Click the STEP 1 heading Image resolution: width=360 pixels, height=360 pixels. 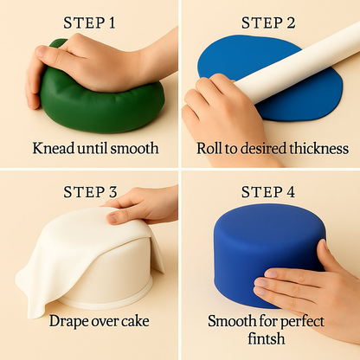click(x=89, y=23)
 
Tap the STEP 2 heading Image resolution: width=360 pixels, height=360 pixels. click(x=268, y=23)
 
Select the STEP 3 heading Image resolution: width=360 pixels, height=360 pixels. click(x=90, y=192)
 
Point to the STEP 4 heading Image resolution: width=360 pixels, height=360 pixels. click(x=268, y=192)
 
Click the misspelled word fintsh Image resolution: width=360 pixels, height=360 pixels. click(x=267, y=338)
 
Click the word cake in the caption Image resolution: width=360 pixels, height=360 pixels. click(x=136, y=321)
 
